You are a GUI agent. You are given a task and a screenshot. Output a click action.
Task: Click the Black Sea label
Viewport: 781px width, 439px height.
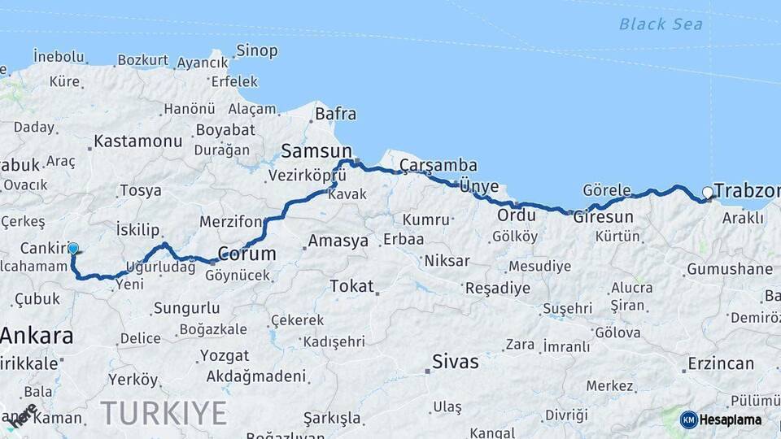660,24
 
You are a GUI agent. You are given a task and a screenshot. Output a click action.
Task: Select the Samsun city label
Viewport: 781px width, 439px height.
316,150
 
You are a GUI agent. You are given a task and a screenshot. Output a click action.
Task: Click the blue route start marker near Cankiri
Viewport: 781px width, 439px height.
73,249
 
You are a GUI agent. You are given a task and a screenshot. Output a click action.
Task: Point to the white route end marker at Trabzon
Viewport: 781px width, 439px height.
708,193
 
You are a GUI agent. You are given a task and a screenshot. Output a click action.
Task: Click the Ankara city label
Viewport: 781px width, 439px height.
37,335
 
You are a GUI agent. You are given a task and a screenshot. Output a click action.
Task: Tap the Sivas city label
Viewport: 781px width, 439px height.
456,362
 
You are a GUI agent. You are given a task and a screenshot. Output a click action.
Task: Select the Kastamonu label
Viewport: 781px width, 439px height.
138,141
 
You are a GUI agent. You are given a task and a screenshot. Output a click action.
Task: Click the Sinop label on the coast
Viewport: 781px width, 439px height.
257,50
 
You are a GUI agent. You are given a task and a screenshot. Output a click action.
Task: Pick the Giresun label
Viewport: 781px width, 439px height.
603,217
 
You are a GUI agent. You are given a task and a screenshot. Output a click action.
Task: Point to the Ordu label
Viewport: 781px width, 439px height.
517,215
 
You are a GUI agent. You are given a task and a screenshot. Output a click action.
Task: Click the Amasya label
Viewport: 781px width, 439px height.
338,241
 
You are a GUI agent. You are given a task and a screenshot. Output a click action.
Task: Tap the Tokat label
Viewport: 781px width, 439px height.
351,286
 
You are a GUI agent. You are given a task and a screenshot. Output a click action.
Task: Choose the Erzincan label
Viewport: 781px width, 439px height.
720,363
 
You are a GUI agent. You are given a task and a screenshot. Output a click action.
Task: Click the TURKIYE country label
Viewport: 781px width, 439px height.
164,413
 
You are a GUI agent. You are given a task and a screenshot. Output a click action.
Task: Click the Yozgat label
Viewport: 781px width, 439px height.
225,356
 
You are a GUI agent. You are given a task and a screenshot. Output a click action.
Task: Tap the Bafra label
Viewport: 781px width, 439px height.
335,114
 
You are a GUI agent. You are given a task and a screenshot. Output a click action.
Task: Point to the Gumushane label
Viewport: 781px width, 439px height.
729,269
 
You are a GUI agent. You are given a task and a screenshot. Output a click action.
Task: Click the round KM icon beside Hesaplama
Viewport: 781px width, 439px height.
689,419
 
